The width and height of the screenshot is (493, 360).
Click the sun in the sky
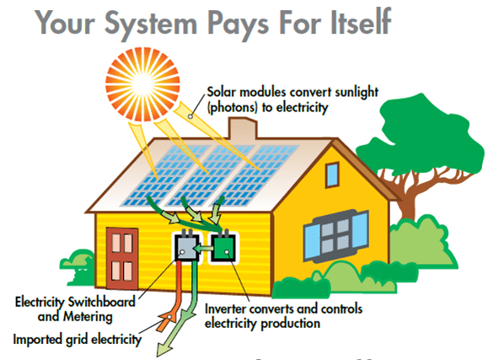(x=142, y=84)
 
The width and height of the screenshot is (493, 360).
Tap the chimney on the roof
(x=243, y=129)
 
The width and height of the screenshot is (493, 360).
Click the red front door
(x=122, y=258)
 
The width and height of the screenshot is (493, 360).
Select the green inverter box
(x=223, y=247)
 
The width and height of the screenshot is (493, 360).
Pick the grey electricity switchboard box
(x=186, y=247)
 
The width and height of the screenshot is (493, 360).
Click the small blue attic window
(x=332, y=175)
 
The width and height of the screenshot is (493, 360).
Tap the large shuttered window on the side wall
(x=335, y=236)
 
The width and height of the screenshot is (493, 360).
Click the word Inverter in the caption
(x=225, y=309)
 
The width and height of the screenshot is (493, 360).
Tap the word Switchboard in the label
(x=102, y=302)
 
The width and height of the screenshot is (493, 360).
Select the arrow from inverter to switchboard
(x=204, y=249)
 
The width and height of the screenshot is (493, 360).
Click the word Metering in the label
(x=88, y=317)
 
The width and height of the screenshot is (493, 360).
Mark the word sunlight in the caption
(x=356, y=93)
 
